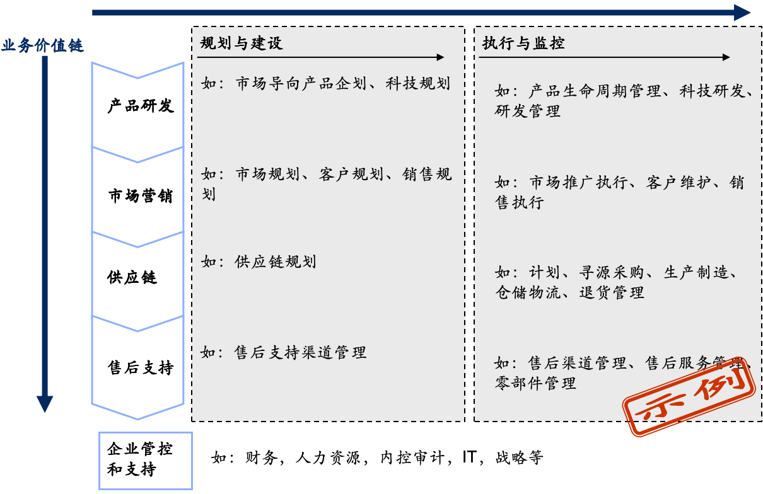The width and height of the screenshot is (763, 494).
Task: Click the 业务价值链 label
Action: tap(42, 46)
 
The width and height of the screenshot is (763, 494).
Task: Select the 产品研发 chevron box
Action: tap(139, 106)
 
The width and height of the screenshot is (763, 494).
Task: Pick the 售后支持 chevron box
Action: tap(139, 368)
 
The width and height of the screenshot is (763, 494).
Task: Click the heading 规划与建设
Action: tap(242, 43)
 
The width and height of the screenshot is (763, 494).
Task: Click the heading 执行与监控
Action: tap(523, 43)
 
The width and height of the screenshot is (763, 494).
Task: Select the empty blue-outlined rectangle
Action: tap(145, 461)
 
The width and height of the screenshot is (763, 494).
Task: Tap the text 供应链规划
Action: tap(275, 261)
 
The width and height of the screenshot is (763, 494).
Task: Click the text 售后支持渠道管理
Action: tap(300, 352)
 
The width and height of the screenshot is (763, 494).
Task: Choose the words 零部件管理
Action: tap(535, 383)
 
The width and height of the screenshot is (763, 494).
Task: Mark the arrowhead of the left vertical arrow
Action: tap(44, 404)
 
